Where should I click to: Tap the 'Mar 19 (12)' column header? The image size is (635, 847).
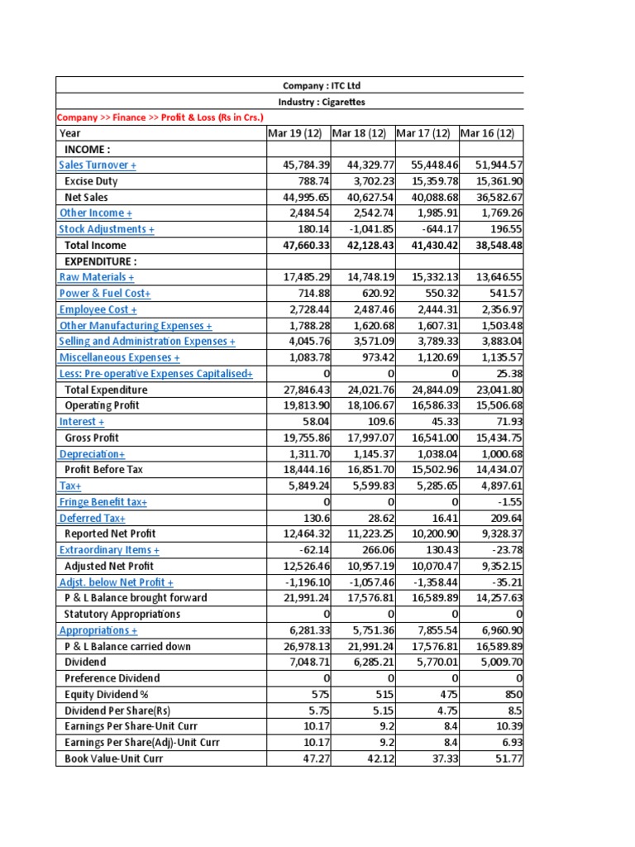coord(297,133)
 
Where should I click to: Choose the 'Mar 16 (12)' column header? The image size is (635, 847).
coord(487,133)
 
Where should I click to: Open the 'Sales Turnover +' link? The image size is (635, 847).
coord(98,165)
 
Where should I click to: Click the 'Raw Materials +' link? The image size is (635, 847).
coord(97,277)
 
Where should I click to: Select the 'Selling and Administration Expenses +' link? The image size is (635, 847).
coord(147,342)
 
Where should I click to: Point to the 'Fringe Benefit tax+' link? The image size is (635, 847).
coord(103,502)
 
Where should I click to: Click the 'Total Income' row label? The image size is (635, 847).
coord(95,246)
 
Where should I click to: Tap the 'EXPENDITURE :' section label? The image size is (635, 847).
coord(100,261)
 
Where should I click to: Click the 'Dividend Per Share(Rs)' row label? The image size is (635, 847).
coord(117,711)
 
